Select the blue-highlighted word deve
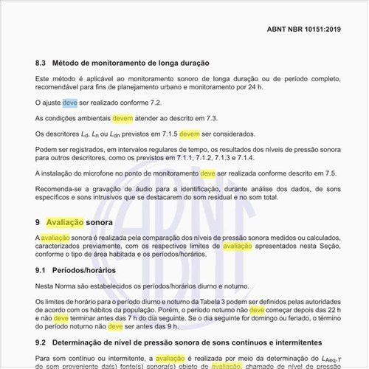coord(70,103)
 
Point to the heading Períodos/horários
coord(89,270)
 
